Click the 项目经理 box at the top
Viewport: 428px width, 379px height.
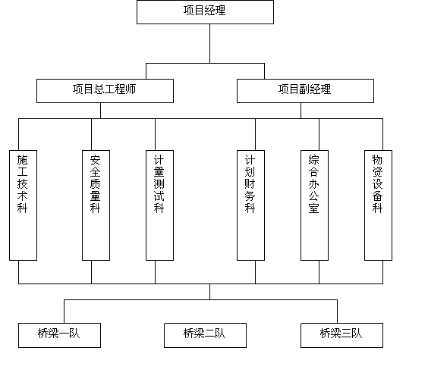pos(205,12)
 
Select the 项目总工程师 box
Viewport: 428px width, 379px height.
pos(105,91)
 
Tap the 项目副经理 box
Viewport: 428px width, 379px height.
pos(305,91)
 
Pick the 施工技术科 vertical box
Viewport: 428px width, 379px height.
pos(23,205)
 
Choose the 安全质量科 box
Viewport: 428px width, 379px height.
pos(96,205)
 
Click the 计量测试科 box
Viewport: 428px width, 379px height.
pos(159,205)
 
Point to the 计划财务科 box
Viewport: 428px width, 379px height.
pos(250,205)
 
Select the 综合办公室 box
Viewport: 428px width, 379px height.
pos(314,205)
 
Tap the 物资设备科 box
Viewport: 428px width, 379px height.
pos(378,205)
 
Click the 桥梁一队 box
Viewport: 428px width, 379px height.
pos(59,335)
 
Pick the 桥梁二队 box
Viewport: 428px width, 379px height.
pos(205,335)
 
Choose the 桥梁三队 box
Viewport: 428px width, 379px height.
pos(341,335)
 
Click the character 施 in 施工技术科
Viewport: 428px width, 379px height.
pos(22,160)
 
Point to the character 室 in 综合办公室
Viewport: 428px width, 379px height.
pos(314,208)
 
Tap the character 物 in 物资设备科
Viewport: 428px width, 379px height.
pos(377,160)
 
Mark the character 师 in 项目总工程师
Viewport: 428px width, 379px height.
pos(131,89)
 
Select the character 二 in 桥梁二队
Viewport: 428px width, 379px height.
pos(210,334)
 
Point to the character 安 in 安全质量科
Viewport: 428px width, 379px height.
pos(96,160)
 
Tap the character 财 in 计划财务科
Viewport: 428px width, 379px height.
pos(250,184)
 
